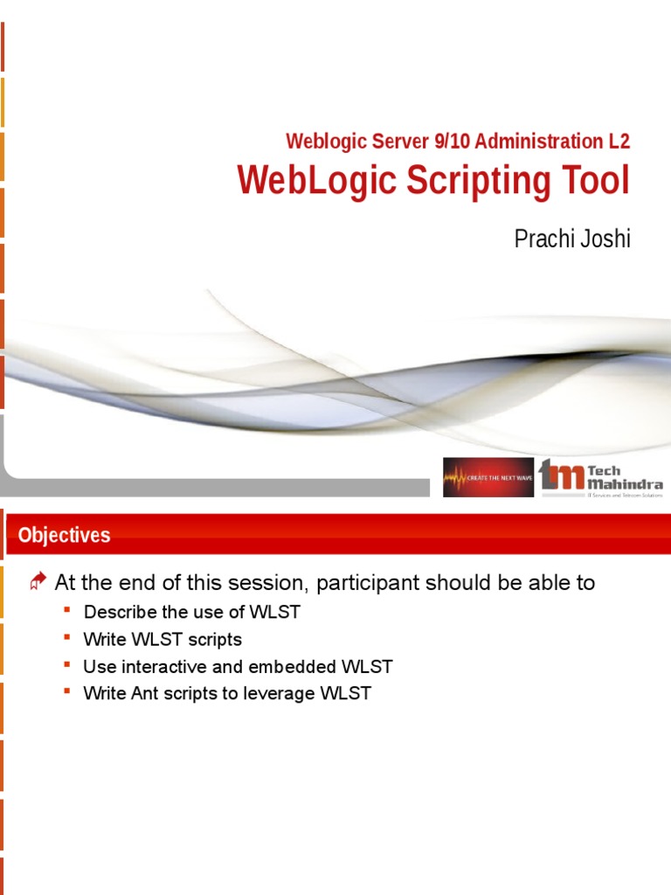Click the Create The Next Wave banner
pyautogui.click(x=488, y=477)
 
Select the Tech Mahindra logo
pyautogui.click(x=601, y=477)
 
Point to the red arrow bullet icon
pyautogui.click(x=38, y=582)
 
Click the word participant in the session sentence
pyautogui.click(x=377, y=583)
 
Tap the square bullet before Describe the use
pyautogui.click(x=67, y=610)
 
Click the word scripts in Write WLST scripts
pyautogui.click(x=213, y=639)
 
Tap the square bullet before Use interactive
pyautogui.click(x=67, y=665)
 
